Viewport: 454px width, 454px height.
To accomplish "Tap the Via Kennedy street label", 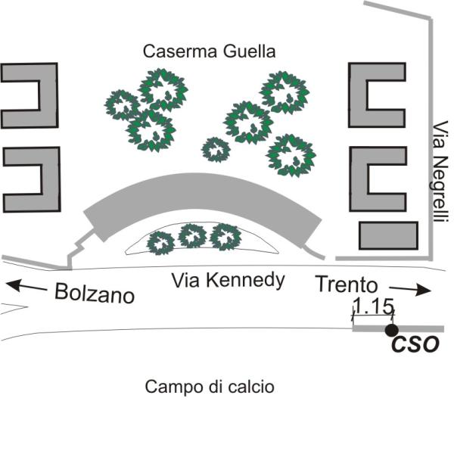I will click(228, 281).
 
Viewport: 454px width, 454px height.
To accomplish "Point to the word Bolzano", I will click(95, 293).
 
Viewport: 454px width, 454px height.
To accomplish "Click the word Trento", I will click(346, 285).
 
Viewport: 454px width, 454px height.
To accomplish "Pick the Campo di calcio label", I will click(210, 387).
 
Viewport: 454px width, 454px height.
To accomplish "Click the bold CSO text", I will click(415, 345).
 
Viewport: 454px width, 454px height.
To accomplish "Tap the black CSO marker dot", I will click(391, 330).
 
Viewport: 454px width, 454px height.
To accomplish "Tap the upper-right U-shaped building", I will click(376, 95).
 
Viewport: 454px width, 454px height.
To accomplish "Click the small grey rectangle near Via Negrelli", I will click(389, 235).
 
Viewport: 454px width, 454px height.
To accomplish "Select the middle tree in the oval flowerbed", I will click(193, 237).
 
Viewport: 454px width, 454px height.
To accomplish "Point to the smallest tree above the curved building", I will click(216, 149).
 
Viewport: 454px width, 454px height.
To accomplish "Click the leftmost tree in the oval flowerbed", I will click(160, 242).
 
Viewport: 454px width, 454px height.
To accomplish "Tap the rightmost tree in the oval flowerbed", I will click(224, 237).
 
